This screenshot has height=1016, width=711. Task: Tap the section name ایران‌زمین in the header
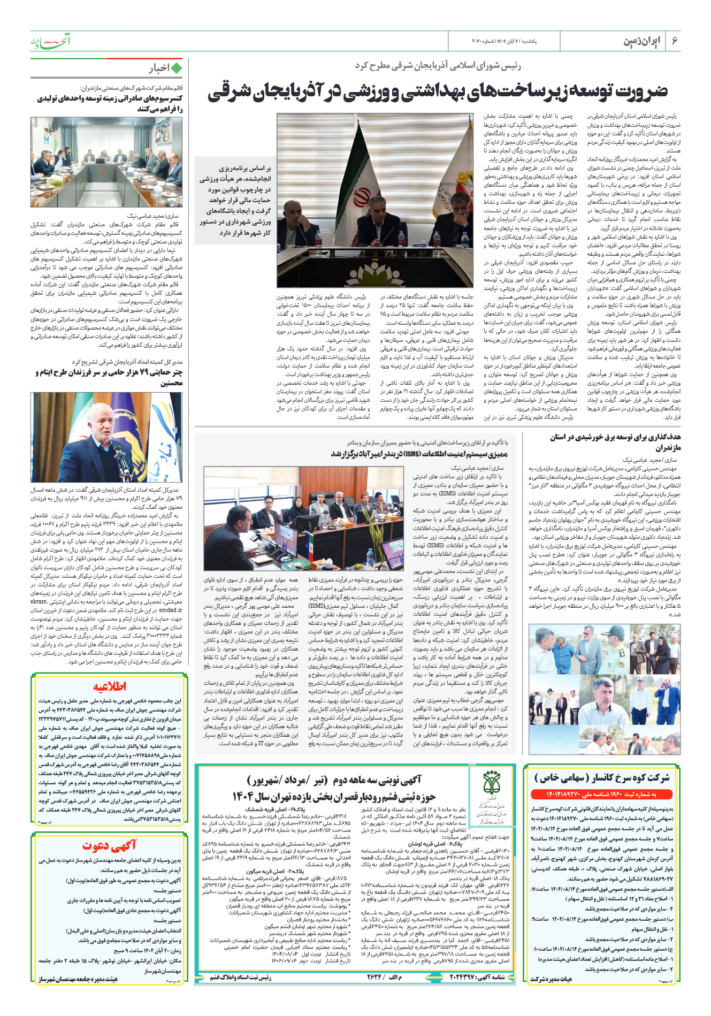point(642,41)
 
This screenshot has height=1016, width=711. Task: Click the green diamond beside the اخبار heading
point(176,68)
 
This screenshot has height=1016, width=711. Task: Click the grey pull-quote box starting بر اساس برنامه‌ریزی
point(235,200)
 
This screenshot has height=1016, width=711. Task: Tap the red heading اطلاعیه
point(110,687)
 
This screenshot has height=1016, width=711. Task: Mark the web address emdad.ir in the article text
point(171,610)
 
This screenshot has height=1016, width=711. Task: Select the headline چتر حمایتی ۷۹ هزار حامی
point(109,377)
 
